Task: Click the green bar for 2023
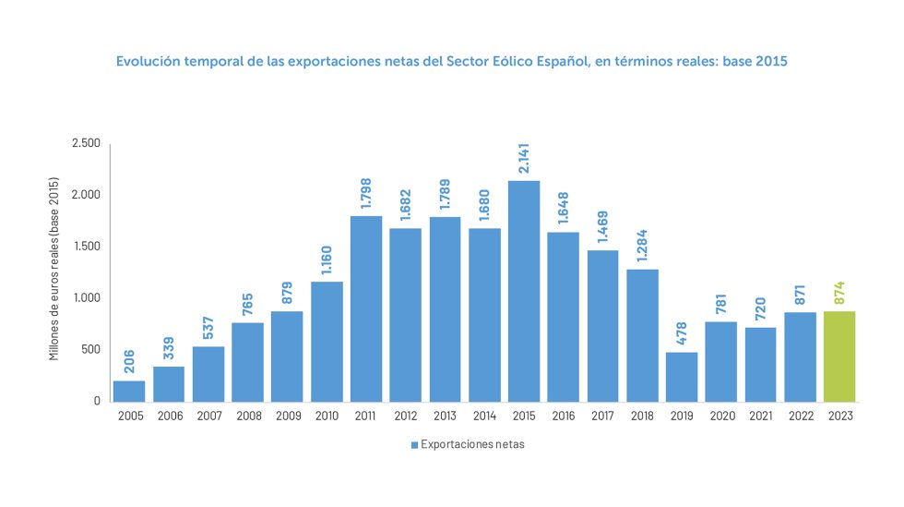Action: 839,356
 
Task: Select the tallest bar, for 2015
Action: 524,291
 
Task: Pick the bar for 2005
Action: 129,391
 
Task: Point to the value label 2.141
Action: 524,154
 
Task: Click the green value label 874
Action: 839,293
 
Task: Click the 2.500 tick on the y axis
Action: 86,143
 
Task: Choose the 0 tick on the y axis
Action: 96,402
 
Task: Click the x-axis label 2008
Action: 248,416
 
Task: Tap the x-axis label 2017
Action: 602,416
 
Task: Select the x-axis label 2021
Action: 760,416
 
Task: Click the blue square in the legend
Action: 414,445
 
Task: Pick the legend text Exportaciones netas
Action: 472,445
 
